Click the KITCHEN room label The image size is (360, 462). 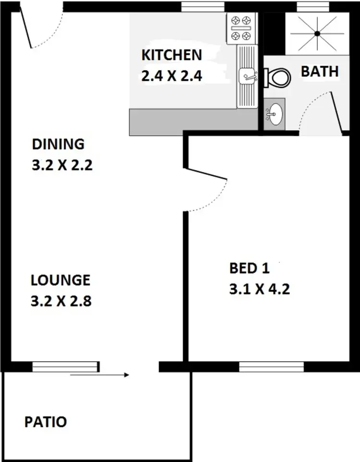click(x=171, y=55)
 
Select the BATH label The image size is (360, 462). click(x=320, y=72)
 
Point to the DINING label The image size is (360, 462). click(x=58, y=144)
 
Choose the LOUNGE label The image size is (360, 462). click(x=60, y=280)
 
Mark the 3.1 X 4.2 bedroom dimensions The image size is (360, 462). click(x=260, y=290)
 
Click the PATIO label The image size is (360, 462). click(x=46, y=422)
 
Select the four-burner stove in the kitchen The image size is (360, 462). click(x=240, y=28)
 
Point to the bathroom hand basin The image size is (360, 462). click(x=275, y=114)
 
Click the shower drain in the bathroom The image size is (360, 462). click(x=317, y=33)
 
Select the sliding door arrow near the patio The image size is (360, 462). click(x=99, y=375)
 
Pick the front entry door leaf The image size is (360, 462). click(x=25, y=30)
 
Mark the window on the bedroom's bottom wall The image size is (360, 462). click(x=272, y=367)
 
